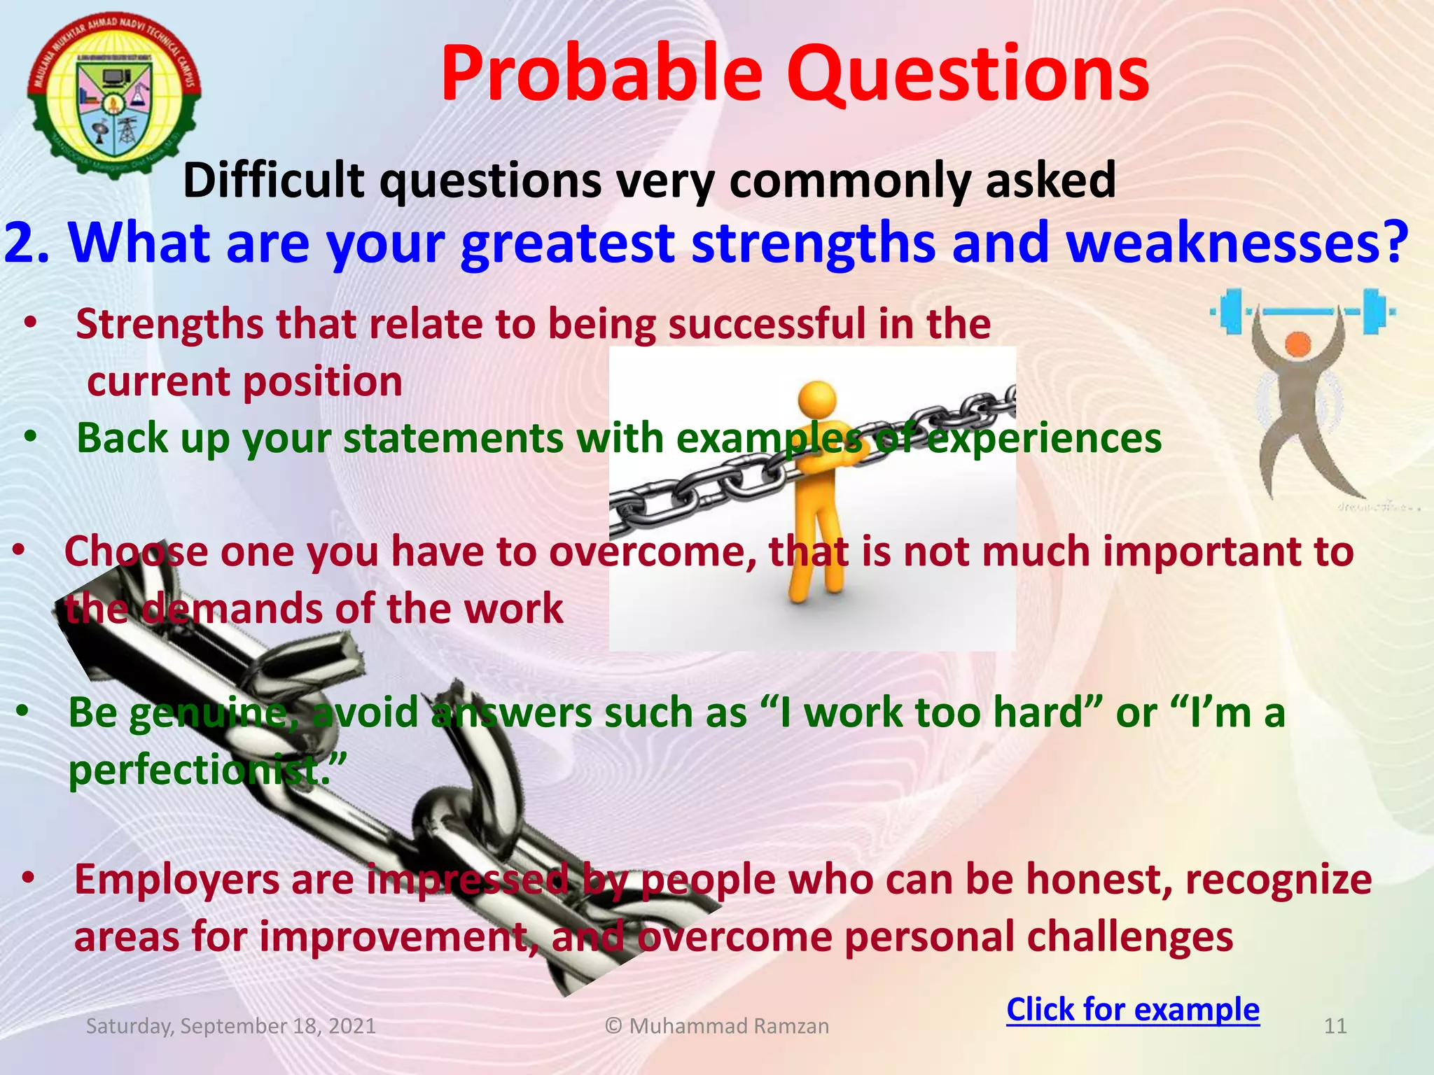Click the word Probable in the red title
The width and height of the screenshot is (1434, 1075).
(601, 74)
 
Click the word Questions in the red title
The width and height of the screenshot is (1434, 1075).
(968, 74)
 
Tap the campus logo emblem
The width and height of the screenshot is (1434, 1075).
(114, 94)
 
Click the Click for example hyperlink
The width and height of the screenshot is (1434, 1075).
(1132, 1009)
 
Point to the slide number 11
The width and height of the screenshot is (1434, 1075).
(1335, 1026)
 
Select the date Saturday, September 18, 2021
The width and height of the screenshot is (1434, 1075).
(230, 1026)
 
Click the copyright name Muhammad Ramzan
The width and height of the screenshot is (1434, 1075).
(728, 1026)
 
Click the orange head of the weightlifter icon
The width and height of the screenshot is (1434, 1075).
(1297, 344)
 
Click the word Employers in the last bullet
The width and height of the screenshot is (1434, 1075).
(176, 880)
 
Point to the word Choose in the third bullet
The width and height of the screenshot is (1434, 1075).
(137, 551)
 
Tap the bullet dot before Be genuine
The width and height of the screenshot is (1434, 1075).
(23, 711)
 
